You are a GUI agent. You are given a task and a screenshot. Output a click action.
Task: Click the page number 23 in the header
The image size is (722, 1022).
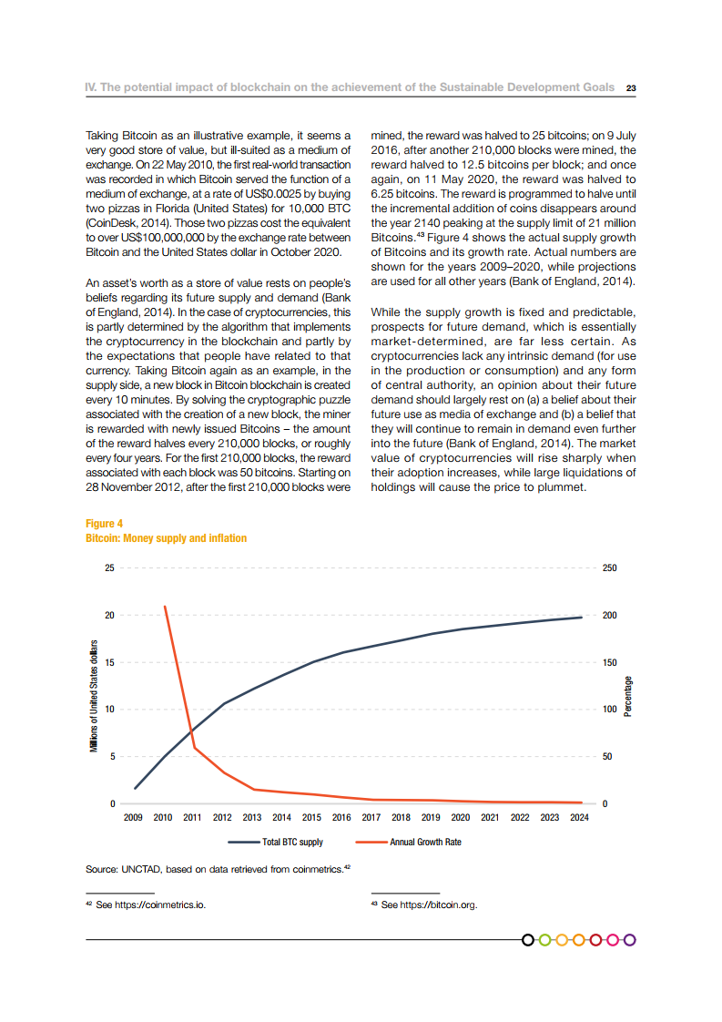[630, 88]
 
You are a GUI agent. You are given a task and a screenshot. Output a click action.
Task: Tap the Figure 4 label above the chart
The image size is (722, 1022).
[104, 524]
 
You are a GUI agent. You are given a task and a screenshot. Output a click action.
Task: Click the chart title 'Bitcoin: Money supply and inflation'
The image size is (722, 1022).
[166, 538]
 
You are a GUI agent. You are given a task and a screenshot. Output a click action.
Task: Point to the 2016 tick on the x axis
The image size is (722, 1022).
[341, 818]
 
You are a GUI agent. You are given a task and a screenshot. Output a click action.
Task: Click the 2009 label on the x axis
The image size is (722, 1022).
[134, 818]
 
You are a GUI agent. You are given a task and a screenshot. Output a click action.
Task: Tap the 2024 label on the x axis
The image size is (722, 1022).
[579, 818]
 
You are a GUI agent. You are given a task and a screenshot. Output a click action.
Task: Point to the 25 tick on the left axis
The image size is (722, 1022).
[109, 567]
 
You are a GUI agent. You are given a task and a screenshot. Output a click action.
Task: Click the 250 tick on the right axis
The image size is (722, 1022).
[610, 567]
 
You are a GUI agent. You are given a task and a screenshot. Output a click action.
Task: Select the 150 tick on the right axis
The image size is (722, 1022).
[610, 662]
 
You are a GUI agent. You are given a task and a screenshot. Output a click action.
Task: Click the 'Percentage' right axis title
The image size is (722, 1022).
[628, 696]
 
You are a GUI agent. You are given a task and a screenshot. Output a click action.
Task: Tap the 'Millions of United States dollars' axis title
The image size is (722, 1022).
[94, 690]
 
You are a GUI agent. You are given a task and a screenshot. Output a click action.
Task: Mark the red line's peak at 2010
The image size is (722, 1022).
[165, 606]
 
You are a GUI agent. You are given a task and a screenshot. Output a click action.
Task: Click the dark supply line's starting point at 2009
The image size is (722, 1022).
[135, 788]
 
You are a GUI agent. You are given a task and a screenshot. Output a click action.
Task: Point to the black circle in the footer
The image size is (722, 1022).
[529, 939]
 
